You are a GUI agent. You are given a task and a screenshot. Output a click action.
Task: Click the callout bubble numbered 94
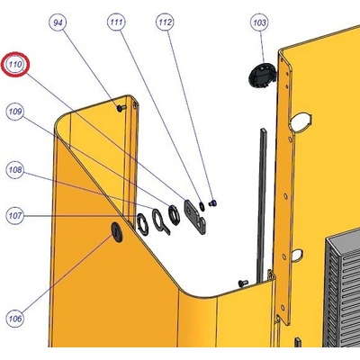pos(58,22)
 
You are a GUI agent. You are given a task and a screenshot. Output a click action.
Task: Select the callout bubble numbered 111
pos(116,22)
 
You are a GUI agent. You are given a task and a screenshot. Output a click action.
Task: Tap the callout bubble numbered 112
pos(166,22)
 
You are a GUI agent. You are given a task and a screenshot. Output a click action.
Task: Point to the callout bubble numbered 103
pos(259,22)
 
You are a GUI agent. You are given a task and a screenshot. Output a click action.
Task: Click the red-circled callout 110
pos(15,65)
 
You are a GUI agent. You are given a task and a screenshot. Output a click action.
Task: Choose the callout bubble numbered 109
pos(15,112)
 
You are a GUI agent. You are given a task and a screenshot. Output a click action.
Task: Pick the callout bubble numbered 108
pos(15,170)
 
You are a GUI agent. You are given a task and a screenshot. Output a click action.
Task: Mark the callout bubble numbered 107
pos(15,216)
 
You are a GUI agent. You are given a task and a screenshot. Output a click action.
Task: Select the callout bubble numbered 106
pos(15,319)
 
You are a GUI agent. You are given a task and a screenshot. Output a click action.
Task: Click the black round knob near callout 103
pos(262,76)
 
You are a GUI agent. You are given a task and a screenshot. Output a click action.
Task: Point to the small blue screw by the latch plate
pos(213,203)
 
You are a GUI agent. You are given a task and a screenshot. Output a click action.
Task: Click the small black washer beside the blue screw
pos(202,206)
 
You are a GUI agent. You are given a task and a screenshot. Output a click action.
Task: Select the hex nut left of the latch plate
pos(174,214)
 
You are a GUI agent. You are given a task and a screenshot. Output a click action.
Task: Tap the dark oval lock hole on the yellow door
pos(117,232)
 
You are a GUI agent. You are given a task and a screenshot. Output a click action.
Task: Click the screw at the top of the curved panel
pos(121,108)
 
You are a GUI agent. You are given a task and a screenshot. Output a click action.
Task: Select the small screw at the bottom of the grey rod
pos(243,283)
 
